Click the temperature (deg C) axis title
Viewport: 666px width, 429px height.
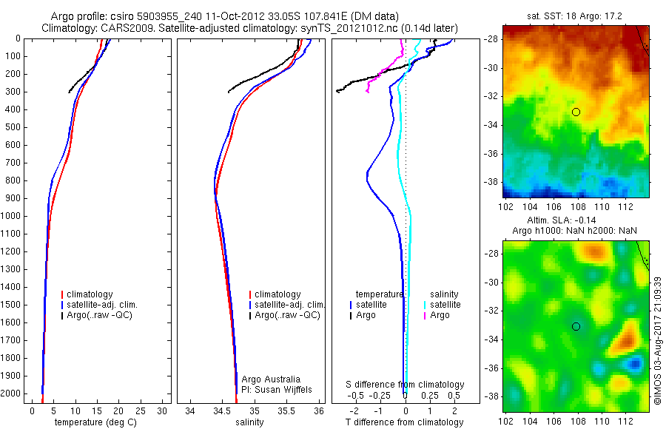[x=93, y=422]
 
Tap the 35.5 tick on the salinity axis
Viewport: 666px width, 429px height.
[x=286, y=410]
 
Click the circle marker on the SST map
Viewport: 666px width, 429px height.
[x=576, y=112]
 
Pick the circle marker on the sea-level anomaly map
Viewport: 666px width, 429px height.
[x=576, y=326]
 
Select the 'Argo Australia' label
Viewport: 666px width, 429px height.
[x=271, y=379]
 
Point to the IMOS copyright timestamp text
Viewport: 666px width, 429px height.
[x=657, y=340]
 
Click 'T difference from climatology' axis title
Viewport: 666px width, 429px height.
[x=404, y=422]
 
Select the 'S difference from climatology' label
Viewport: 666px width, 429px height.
[x=406, y=385]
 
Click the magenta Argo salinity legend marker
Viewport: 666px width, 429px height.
[x=424, y=316]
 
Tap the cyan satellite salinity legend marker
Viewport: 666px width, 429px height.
[x=424, y=305]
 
